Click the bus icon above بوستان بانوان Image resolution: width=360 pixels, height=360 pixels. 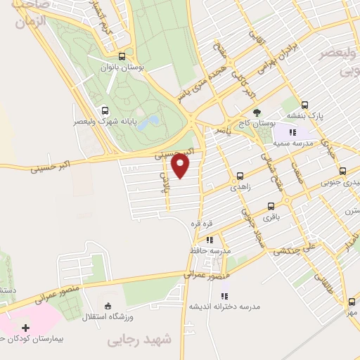[122, 57]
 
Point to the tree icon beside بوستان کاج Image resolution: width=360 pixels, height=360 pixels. [256, 112]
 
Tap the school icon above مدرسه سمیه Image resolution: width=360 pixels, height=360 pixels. [294, 131]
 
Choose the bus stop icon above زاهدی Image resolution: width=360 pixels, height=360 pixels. [240, 176]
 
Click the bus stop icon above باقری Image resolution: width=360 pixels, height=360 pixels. [271, 207]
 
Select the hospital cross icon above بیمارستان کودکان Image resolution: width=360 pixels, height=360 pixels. [26, 328]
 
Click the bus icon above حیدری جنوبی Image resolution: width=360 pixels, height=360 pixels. [342, 170]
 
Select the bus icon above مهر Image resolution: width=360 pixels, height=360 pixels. [351, 302]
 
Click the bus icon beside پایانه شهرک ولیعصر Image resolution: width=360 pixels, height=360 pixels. [105, 110]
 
